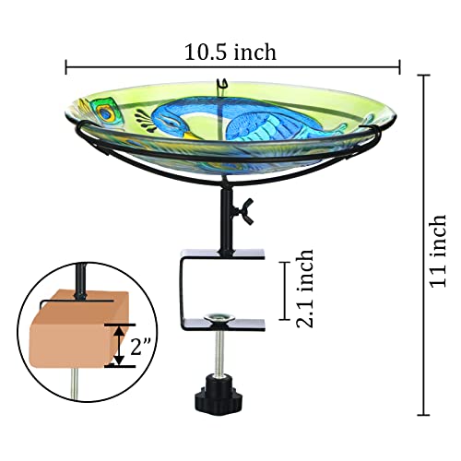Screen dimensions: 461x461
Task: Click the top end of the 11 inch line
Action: [x=424, y=76]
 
